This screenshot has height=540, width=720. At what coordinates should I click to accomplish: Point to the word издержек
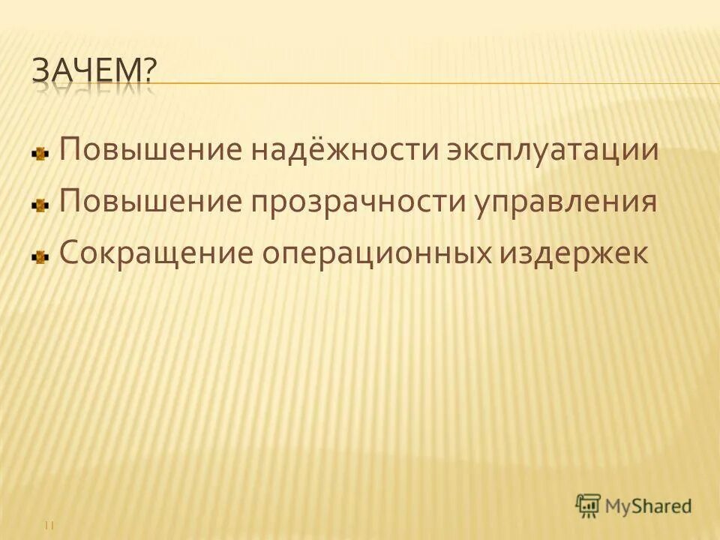[571, 252]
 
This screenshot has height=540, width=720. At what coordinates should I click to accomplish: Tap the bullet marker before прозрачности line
[40, 205]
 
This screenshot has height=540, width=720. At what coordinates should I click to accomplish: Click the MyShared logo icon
[589, 505]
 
